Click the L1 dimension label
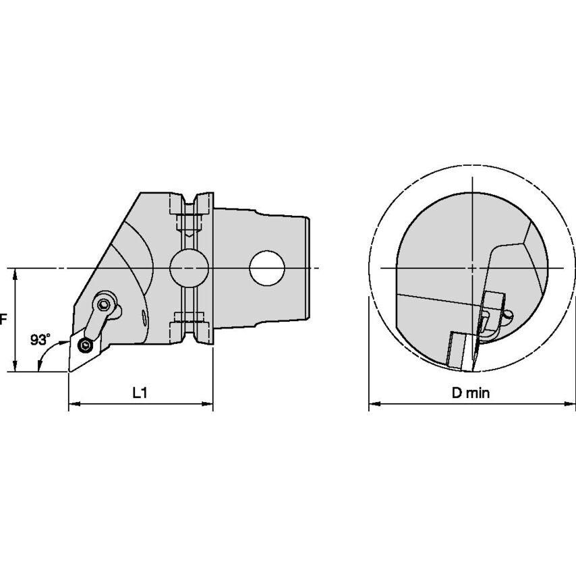[x=140, y=393]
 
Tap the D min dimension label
[x=471, y=393]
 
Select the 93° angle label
[x=40, y=339]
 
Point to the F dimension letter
[x=3, y=319]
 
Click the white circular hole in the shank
[x=267, y=268]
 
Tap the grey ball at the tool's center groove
[x=189, y=268]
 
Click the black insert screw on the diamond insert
[x=86, y=345]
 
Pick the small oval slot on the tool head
[x=144, y=318]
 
